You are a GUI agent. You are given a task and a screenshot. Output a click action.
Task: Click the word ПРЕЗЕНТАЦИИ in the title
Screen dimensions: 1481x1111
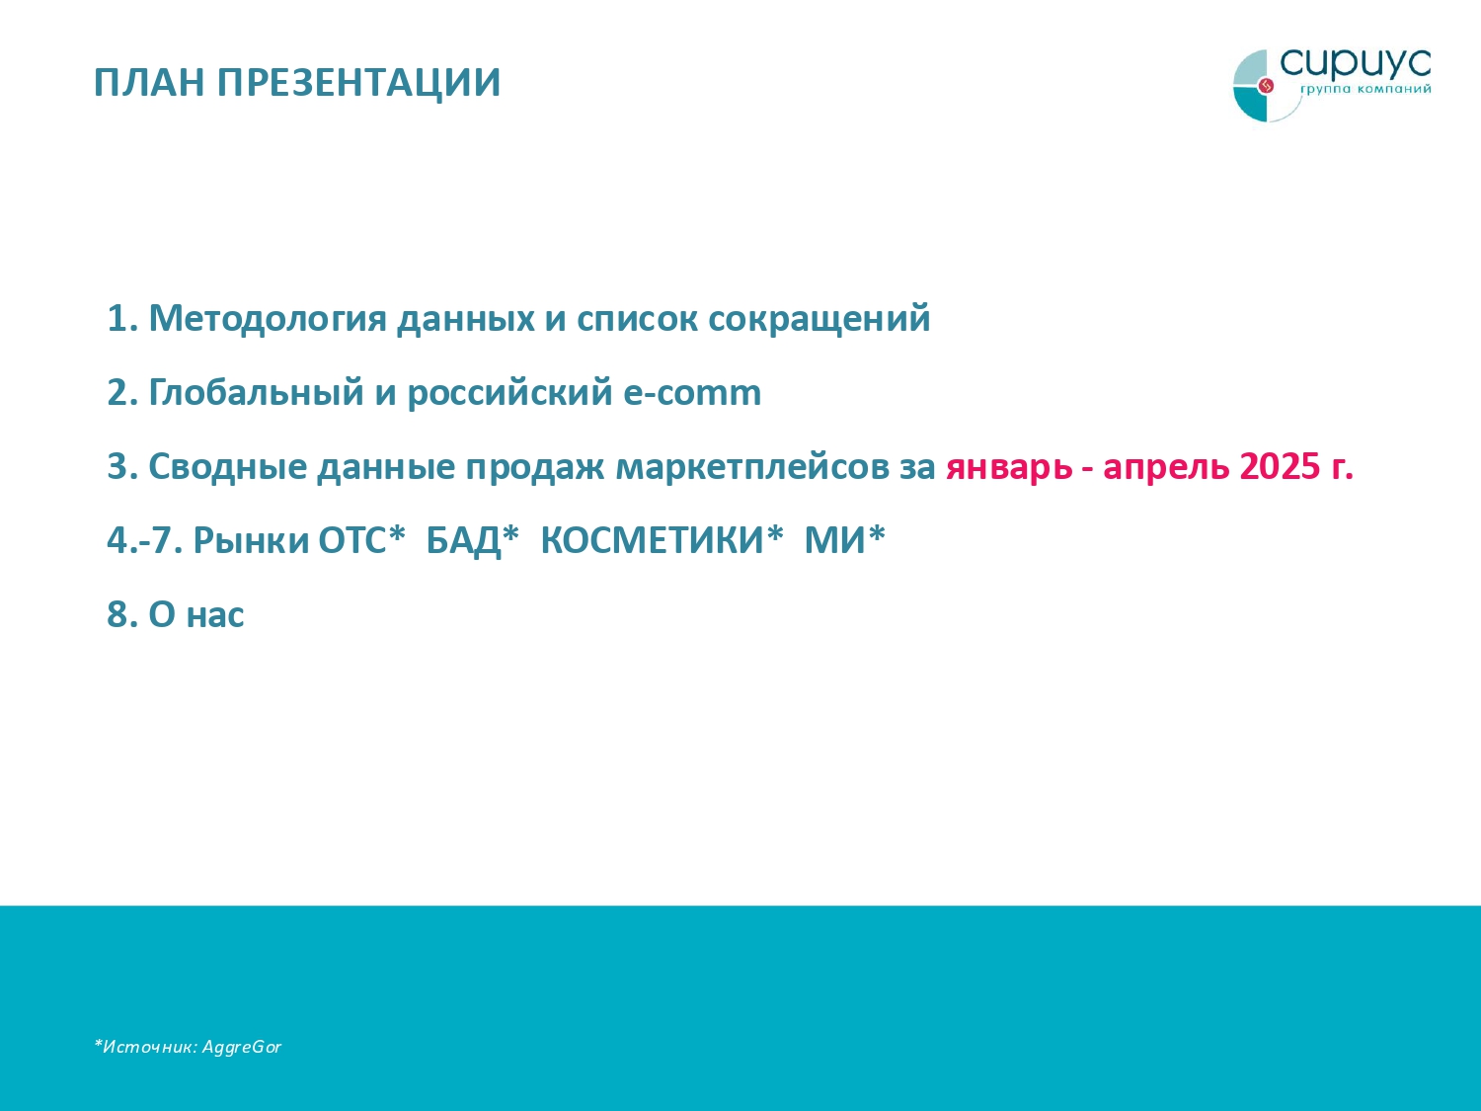click(x=359, y=83)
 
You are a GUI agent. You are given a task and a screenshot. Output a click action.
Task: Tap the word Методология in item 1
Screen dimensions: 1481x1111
click(x=268, y=318)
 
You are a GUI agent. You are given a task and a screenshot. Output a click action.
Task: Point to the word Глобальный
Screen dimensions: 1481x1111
click(x=257, y=393)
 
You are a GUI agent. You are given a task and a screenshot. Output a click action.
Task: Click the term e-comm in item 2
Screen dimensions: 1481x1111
click(x=691, y=393)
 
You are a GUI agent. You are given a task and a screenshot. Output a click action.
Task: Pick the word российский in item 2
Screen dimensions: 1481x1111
click(x=509, y=394)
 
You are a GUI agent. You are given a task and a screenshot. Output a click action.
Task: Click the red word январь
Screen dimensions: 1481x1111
click(x=1009, y=467)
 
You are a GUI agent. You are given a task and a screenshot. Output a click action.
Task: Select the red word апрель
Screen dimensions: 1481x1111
click(x=1166, y=467)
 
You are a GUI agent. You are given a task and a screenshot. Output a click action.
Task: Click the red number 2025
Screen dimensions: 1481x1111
click(x=1280, y=466)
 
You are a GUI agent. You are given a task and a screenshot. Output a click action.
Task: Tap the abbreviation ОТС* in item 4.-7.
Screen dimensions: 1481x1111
click(x=361, y=539)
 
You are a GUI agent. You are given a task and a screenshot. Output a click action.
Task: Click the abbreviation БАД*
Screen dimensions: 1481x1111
click(x=473, y=541)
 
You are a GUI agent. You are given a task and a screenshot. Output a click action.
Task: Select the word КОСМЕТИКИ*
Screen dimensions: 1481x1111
click(x=662, y=539)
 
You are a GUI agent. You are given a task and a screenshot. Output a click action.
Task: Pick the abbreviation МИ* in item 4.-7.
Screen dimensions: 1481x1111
click(x=845, y=539)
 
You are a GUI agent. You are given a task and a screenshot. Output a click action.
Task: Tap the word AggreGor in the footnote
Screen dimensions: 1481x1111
click(x=242, y=1047)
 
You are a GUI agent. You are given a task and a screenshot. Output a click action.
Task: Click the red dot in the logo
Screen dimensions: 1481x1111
click(x=1266, y=86)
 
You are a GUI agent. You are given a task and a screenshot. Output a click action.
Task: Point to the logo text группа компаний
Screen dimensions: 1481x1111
click(x=1364, y=90)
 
